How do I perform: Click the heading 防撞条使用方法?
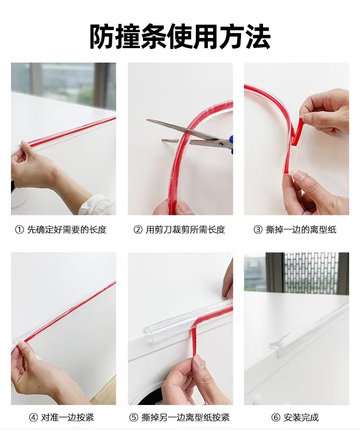[180, 37]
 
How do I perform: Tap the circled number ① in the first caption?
[19, 230]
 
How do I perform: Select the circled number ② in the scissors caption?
[138, 230]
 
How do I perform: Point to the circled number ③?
[258, 230]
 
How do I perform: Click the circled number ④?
[33, 418]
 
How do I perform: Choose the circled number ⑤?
[133, 418]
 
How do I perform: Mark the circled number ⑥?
[276, 418]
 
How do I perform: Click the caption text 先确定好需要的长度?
[67, 230]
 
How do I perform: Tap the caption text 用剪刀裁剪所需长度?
[185, 230]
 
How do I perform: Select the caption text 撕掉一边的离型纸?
[301, 230]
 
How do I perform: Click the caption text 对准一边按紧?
[68, 418]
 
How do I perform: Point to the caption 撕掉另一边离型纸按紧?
[185, 418]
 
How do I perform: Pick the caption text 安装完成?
[301, 418]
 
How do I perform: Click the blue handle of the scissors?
[231, 143]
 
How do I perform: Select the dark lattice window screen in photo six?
[311, 273]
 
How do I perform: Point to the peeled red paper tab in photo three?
[298, 132]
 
